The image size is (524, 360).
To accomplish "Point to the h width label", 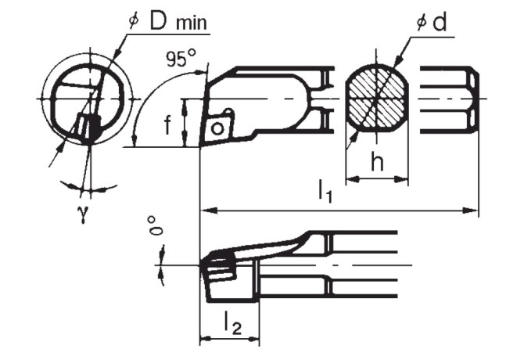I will coord(376,163).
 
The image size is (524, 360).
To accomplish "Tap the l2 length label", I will coord(231,321).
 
